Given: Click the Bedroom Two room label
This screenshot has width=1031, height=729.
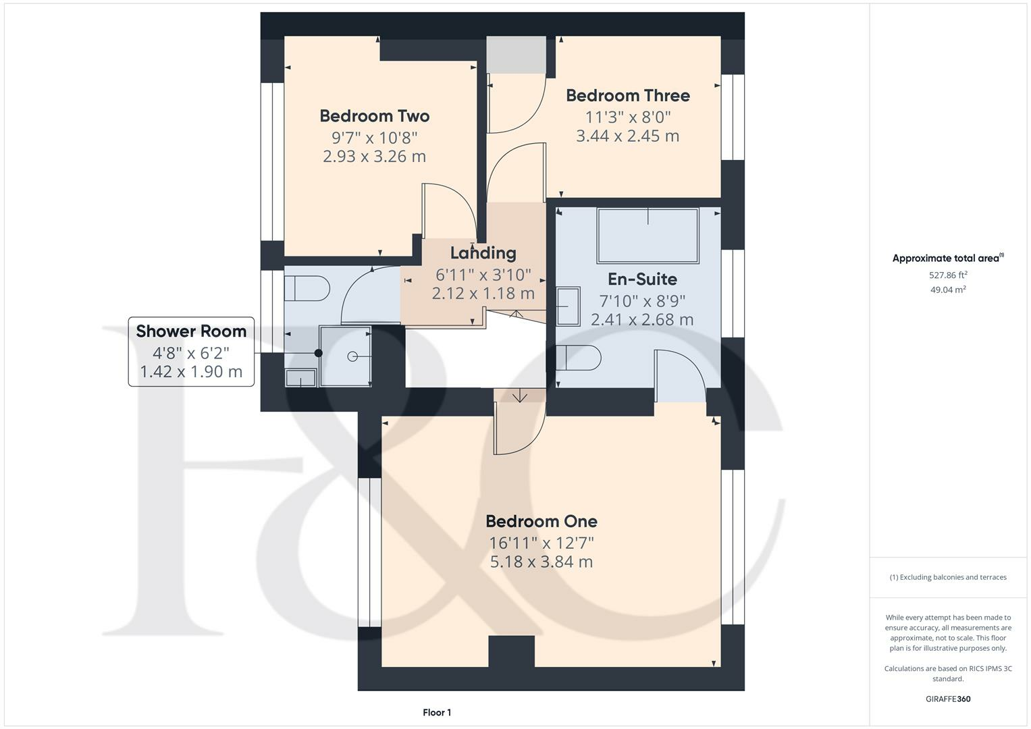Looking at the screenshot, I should [374, 116].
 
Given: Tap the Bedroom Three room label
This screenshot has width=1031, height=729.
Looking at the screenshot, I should [627, 96].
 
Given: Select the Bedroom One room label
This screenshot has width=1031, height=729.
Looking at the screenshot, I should [541, 521].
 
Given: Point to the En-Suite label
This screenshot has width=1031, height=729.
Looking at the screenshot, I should [642, 279].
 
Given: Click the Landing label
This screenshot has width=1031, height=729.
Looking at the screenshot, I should [483, 253].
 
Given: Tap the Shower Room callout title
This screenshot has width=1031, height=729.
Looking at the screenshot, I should [191, 331].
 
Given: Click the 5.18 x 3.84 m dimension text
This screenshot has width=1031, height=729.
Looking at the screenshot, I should [541, 562].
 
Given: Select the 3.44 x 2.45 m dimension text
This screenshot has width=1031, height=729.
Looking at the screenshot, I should [627, 136].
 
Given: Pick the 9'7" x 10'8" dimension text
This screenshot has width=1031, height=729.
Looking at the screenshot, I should [374, 138].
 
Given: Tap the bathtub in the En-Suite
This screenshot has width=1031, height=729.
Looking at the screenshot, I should [647, 236].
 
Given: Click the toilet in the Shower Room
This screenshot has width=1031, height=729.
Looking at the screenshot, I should [306, 289].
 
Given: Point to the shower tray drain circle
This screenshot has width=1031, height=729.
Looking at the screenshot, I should [352, 356].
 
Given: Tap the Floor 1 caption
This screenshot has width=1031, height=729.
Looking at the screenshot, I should [437, 712].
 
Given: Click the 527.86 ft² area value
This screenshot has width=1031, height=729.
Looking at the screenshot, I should [947, 275].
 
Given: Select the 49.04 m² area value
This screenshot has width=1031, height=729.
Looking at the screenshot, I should [947, 290].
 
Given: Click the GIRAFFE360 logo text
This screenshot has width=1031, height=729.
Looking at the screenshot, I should [947, 699].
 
